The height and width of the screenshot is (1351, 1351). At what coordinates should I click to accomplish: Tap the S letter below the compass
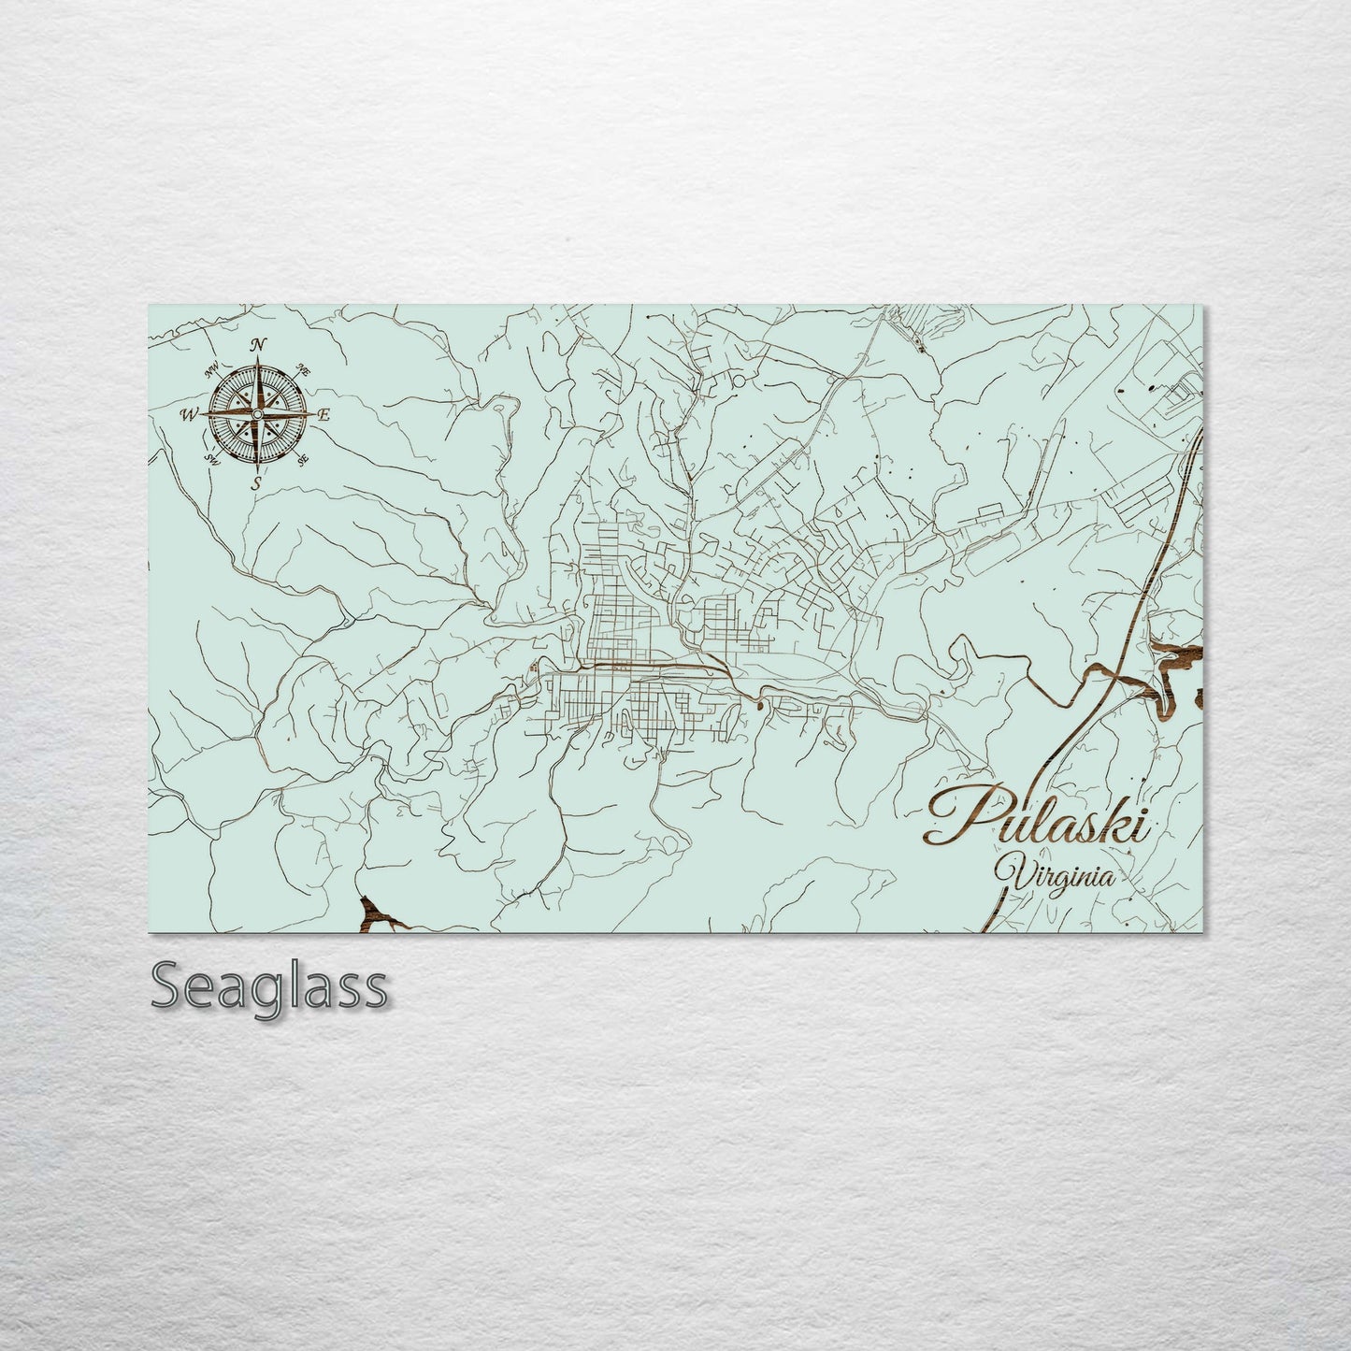tap(257, 482)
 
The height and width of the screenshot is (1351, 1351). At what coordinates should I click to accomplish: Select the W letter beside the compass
tap(190, 413)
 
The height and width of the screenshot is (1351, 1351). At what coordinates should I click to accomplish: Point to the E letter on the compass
tap(324, 414)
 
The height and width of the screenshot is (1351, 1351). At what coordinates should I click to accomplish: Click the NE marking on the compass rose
tap(303, 371)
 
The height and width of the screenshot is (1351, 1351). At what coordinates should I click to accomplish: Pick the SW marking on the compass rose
tap(212, 458)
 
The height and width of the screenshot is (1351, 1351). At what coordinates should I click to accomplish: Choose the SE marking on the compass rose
tap(302, 459)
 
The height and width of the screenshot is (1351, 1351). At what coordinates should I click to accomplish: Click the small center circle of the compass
tap(258, 413)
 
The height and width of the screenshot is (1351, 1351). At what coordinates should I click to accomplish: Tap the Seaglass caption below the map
tap(268, 985)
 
